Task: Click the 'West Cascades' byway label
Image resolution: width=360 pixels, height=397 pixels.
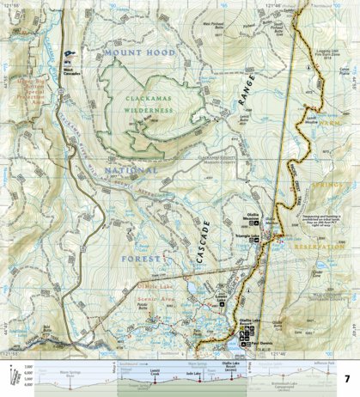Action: [72, 70]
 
